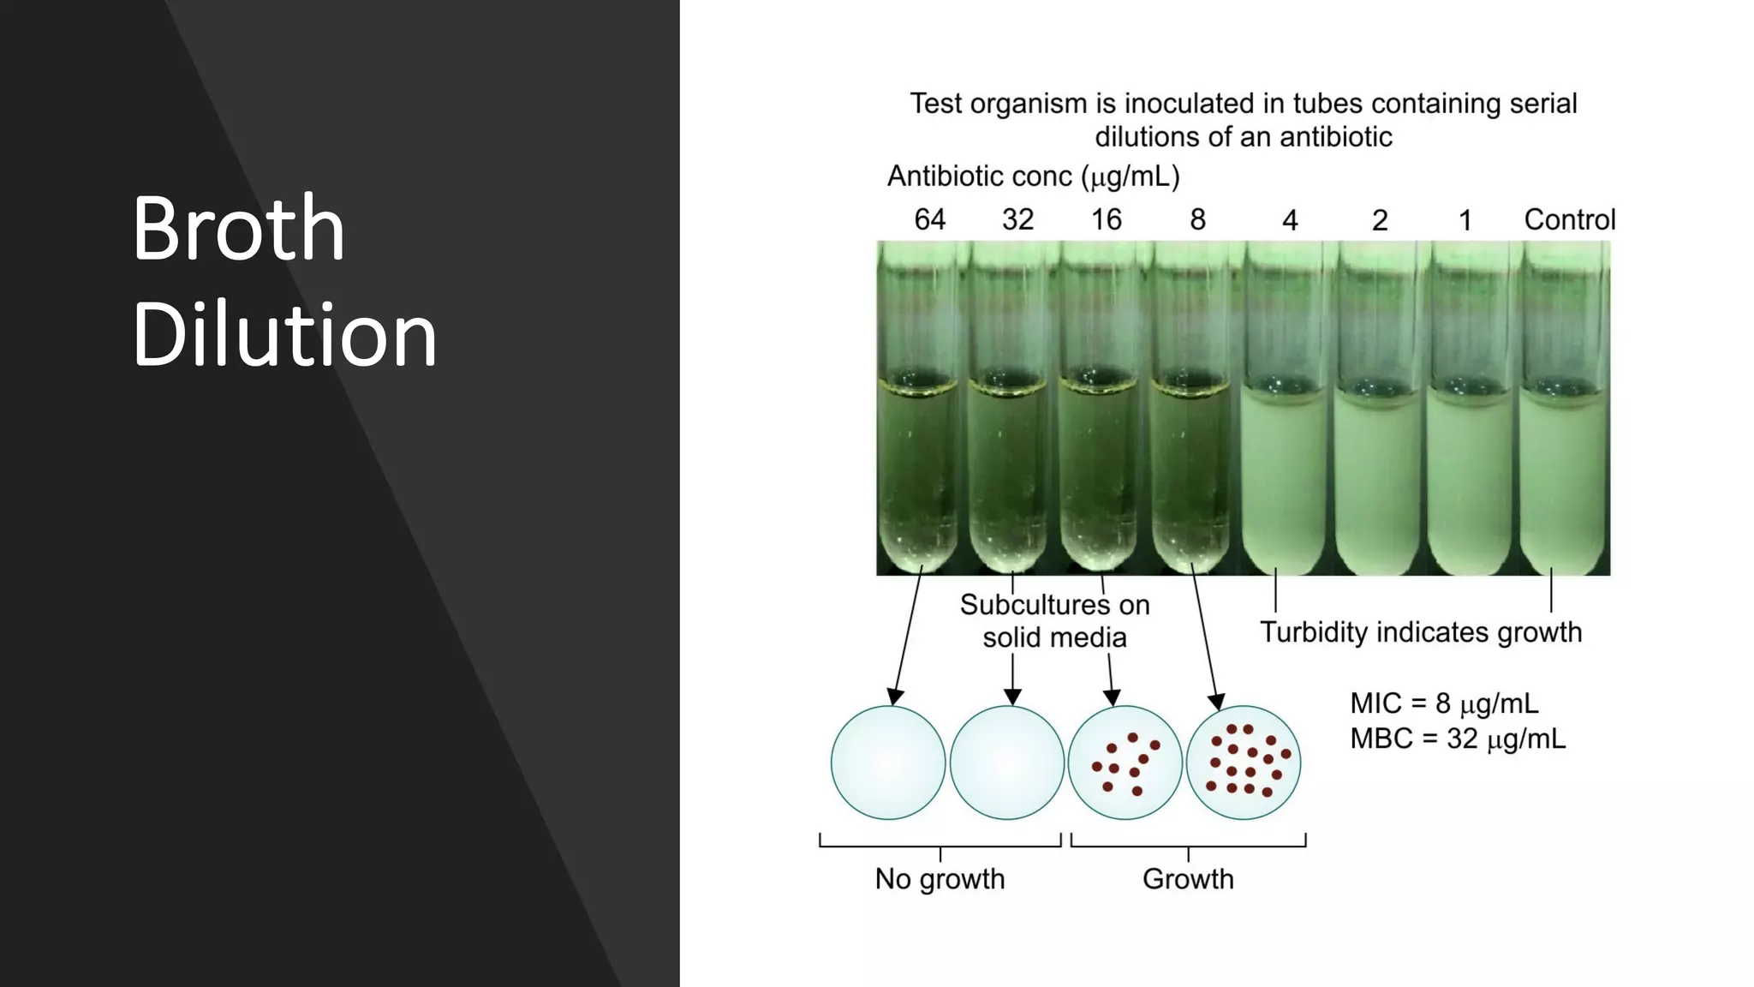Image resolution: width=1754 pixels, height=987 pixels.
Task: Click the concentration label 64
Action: click(929, 219)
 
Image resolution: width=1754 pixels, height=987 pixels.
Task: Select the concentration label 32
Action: click(1017, 219)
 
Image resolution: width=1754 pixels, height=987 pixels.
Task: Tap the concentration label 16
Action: click(1106, 219)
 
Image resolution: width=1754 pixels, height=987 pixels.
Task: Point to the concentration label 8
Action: click(1197, 219)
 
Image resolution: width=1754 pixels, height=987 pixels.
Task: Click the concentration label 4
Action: click(1290, 220)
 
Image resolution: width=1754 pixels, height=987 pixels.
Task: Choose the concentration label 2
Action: click(1379, 220)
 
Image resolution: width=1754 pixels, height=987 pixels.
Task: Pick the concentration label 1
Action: click(1465, 220)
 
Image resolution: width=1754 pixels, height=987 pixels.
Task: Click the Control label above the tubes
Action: click(1569, 219)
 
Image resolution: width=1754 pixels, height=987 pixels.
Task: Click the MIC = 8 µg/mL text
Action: click(1444, 703)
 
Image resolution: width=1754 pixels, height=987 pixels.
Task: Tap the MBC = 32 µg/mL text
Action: click(1458, 739)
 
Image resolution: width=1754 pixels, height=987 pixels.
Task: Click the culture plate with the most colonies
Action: click(1244, 763)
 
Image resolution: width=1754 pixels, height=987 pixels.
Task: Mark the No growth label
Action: click(940, 879)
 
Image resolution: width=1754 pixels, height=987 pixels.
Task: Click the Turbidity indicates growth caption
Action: click(1421, 632)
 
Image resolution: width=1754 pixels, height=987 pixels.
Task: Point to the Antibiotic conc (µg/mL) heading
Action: click(1033, 176)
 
